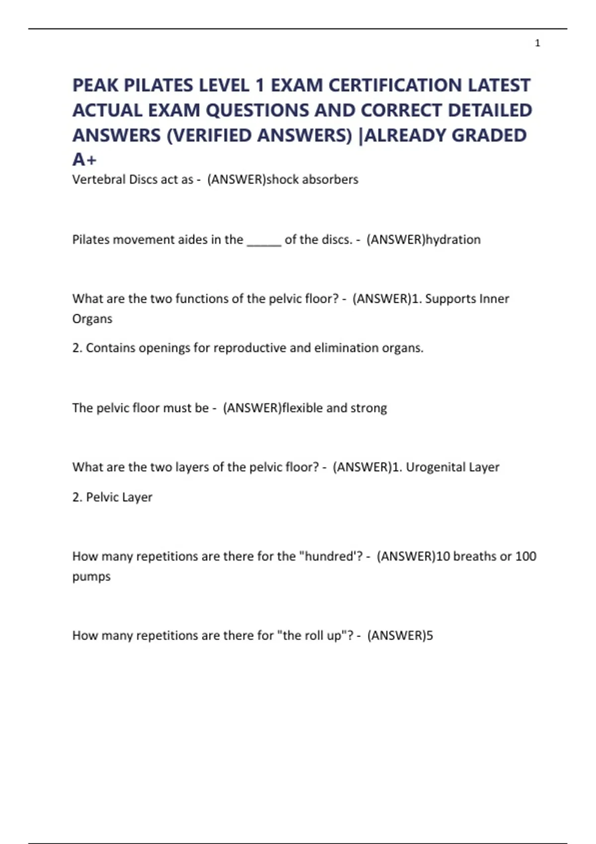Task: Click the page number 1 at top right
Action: coord(537,43)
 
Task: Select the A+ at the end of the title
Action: coord(84,160)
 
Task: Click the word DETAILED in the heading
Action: coord(490,110)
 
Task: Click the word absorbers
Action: coord(330,179)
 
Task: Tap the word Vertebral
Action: coord(98,179)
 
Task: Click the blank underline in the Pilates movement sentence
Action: coord(264,240)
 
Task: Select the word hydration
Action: coord(453,239)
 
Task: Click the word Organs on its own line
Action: coord(92,319)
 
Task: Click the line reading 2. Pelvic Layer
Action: coord(112,497)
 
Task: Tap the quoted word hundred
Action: coord(328,556)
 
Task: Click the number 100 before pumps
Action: coord(525,556)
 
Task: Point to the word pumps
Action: coord(91,577)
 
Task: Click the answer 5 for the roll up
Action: coord(430,635)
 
